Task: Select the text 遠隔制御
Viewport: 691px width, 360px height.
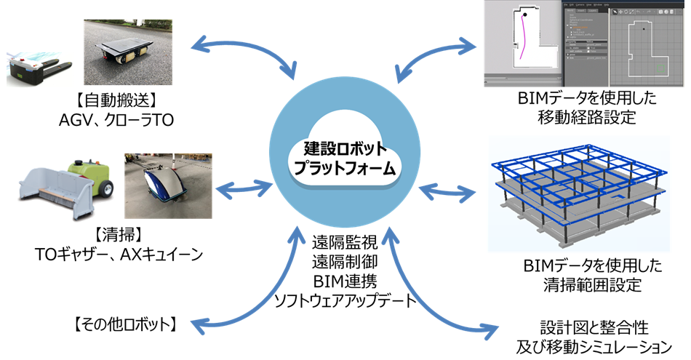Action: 342,259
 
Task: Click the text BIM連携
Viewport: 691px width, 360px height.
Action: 342,279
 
